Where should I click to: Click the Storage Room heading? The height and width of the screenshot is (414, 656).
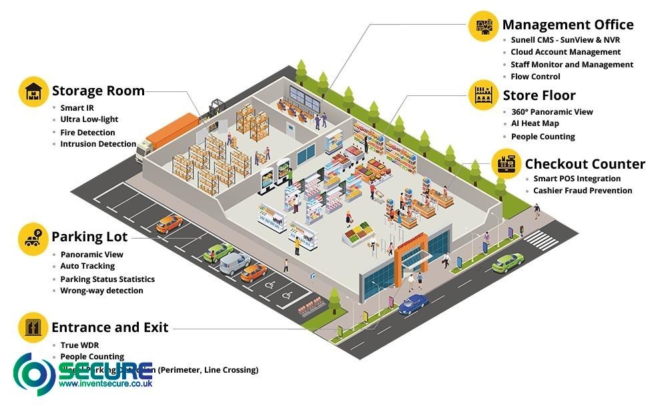pos(98,91)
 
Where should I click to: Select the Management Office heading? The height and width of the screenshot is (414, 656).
pos(567,25)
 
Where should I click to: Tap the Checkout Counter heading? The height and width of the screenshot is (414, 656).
pos(585,164)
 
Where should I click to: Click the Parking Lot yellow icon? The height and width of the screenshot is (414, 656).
pos(33,238)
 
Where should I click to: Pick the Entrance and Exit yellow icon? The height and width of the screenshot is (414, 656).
pos(33,327)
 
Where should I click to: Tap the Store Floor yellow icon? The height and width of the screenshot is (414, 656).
pos(483,95)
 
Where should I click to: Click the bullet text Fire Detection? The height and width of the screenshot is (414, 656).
pos(87,133)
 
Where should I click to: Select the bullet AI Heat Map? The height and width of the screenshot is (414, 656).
pos(535,123)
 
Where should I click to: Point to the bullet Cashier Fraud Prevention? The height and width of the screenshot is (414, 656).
pos(583,191)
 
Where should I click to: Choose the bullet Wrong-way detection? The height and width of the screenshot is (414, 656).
pos(101,291)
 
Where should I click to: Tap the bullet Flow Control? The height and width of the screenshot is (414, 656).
pos(535,77)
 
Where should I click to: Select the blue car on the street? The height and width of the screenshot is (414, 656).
pos(413,304)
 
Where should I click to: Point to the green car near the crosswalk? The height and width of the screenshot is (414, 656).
pos(508,263)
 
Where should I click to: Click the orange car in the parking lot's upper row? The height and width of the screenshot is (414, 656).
pos(170,223)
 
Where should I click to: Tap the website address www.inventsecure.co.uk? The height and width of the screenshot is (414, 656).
pos(105,383)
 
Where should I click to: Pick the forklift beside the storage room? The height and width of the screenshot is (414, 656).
pos(216,108)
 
